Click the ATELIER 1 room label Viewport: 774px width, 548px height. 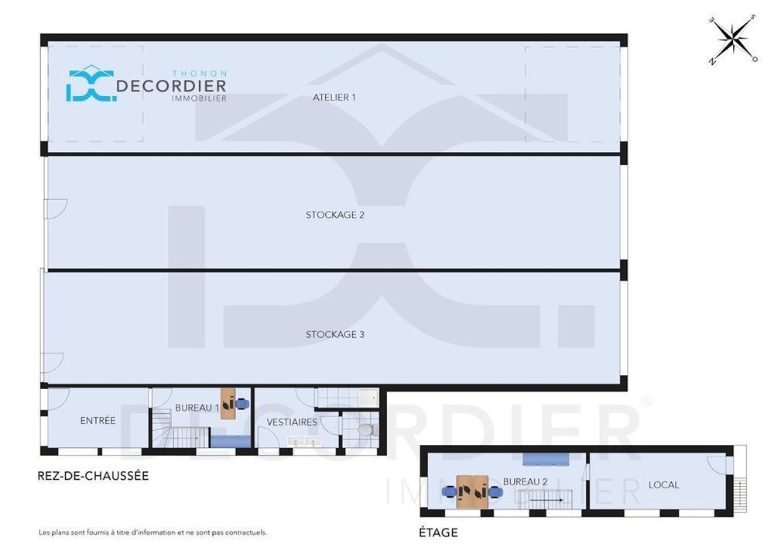click(x=334, y=98)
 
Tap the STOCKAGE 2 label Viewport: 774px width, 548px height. click(x=334, y=215)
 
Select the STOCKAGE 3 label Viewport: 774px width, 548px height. click(x=334, y=335)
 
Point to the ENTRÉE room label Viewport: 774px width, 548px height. click(x=98, y=421)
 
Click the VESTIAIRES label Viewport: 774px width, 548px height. click(x=292, y=422)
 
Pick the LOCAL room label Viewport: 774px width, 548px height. click(x=663, y=484)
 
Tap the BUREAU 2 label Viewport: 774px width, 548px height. click(x=526, y=481)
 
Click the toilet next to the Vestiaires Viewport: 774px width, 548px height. click(x=366, y=429)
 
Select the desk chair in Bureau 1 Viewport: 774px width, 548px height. click(x=241, y=404)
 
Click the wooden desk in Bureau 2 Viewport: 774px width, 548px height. click(x=472, y=491)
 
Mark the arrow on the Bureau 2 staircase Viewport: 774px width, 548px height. click(x=547, y=500)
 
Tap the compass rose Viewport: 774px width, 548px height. click(x=734, y=39)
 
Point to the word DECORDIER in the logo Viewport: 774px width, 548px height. click(x=171, y=86)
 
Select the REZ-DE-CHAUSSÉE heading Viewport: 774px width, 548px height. click(x=94, y=476)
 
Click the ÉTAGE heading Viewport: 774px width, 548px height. click(x=438, y=532)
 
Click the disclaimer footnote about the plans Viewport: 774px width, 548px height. click(x=153, y=532)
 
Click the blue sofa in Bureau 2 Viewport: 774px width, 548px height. click(x=546, y=459)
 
